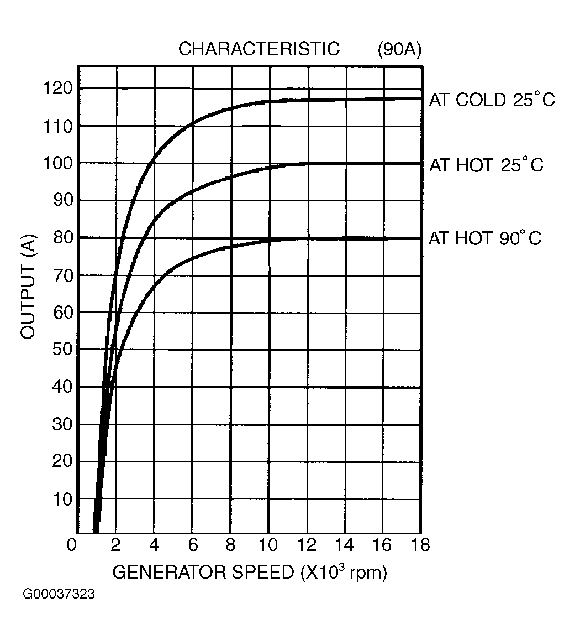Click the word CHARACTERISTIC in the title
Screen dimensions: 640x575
click(x=259, y=49)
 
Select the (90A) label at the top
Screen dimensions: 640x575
click(x=399, y=49)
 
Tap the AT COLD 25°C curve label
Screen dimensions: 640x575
click(x=492, y=100)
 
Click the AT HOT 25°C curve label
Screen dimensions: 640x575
click(x=486, y=165)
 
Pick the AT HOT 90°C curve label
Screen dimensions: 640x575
click(x=485, y=238)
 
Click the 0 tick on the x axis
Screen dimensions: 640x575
click(x=72, y=545)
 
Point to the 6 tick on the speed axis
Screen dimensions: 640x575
click(x=193, y=545)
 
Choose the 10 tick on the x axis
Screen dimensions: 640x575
click(x=268, y=545)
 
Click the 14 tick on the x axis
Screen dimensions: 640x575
click(x=345, y=545)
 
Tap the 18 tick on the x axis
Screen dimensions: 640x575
click(x=420, y=545)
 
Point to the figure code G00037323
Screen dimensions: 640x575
click(x=59, y=595)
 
